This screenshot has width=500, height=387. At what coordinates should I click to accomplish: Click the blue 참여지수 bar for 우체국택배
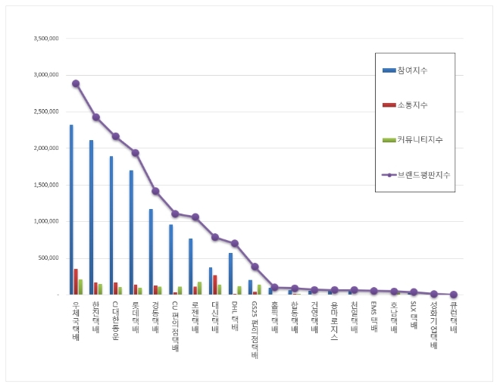pyautogui.click(x=71, y=210)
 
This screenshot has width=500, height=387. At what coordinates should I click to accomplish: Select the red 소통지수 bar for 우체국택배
pyautogui.click(x=76, y=281)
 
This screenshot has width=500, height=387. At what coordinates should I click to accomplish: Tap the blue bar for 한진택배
pyautogui.click(x=91, y=217)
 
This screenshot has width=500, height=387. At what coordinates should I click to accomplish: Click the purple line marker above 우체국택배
pyautogui.click(x=76, y=83)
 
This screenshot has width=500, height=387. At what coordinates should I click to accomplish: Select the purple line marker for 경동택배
pyautogui.click(x=155, y=191)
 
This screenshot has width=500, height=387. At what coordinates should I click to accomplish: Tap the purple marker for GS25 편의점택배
pyautogui.click(x=255, y=267)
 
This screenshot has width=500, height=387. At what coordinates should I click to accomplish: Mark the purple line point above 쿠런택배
pyautogui.click(x=454, y=294)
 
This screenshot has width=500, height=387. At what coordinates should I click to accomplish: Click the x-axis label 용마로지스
pyautogui.click(x=334, y=320)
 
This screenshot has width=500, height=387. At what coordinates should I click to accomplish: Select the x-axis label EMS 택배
pyautogui.click(x=373, y=316)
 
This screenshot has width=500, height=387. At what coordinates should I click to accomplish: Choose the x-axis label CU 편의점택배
pyautogui.click(x=175, y=326)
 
